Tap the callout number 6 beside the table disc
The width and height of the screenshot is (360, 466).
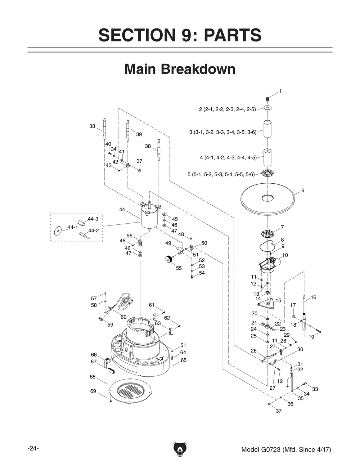tap(303, 191)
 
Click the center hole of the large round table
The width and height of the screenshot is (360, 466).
tap(268, 198)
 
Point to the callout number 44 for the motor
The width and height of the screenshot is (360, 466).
tap(122, 210)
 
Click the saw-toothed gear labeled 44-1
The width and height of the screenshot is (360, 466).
tap(57, 231)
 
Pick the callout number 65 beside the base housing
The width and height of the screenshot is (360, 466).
tap(184, 360)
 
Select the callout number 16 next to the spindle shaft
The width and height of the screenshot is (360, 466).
tap(314, 297)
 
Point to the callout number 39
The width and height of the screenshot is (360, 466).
tap(139, 134)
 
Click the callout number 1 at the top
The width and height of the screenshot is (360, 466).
tap(280, 91)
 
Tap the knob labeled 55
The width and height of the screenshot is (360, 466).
tap(168, 259)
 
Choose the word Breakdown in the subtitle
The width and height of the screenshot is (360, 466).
tap(198, 69)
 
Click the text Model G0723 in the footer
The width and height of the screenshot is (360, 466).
tap(261, 449)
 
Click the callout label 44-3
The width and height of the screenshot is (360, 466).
tap(93, 219)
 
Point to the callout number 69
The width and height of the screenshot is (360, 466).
tap(93, 391)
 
